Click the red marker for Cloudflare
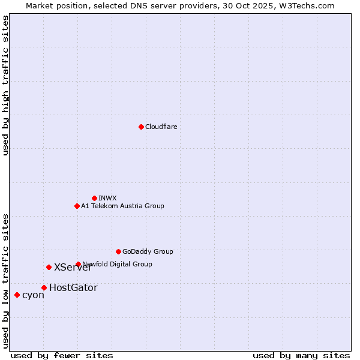coord(141,127)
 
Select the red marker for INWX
coord(94,198)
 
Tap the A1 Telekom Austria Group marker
coord(77,206)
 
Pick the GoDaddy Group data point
coord(118,251)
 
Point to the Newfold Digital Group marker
coord(78,264)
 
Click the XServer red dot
coord(49,267)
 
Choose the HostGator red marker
coord(44,287)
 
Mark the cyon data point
coord(17,295)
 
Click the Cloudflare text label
coord(161,127)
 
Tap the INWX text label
coord(107,198)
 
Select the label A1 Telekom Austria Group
coord(122,206)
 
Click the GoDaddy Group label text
coord(148,251)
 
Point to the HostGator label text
coord(73,287)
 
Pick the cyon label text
coord(33,295)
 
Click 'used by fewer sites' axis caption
coord(62,355)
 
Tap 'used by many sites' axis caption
coord(301,355)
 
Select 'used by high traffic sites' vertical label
coord(5,85)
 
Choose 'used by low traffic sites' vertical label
coord(5,281)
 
